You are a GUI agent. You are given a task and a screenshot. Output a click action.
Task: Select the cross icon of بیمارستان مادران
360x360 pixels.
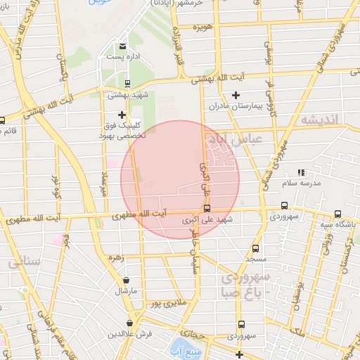236,95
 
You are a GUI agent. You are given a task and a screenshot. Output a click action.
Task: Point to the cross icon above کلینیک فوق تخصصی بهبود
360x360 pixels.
122,114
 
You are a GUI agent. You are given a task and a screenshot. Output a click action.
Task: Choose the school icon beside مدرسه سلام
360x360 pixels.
302,172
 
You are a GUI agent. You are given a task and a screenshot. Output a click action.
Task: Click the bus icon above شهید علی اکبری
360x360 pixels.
207,208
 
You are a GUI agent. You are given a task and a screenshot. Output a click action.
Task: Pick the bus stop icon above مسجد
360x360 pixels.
255,248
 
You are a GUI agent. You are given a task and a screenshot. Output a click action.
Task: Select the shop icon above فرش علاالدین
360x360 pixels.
129,323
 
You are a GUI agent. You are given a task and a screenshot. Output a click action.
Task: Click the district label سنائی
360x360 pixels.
25,262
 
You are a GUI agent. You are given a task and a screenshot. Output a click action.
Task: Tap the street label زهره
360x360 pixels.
115,258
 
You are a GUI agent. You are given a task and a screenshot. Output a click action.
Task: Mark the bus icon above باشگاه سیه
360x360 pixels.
337,214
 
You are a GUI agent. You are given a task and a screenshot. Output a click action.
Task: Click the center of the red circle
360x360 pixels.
180,179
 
